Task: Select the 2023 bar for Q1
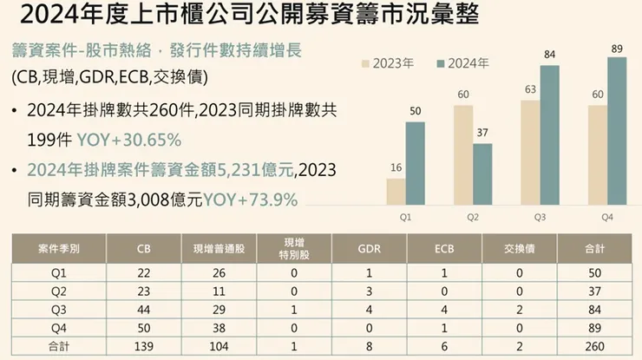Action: (396, 193)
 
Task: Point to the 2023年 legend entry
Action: (387, 64)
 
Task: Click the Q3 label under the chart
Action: (540, 218)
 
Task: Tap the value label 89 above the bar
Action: (617, 49)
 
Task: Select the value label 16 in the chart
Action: (396, 167)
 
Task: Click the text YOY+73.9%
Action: (251, 200)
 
